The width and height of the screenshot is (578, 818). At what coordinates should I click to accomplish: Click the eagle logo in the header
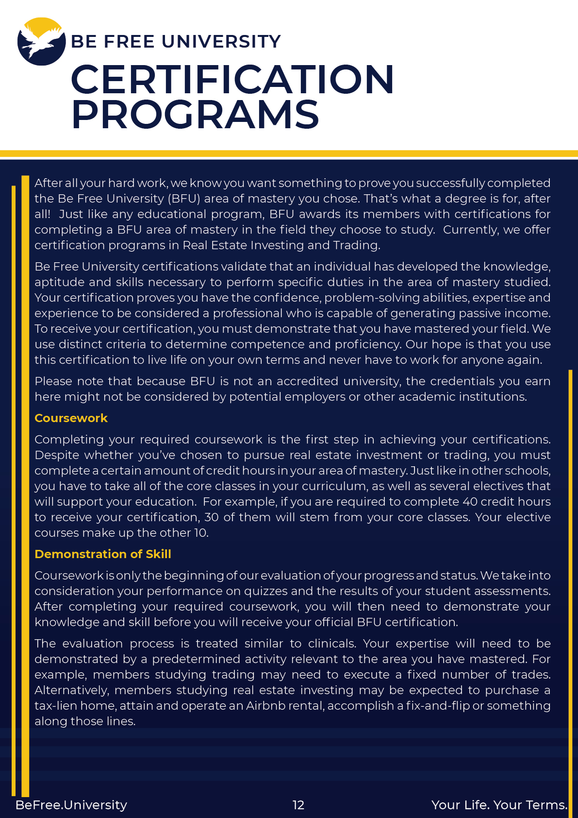pos(41,42)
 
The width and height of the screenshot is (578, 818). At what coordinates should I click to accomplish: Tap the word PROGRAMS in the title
pos(195,115)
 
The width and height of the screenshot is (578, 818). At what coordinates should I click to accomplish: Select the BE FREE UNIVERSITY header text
pos(176,42)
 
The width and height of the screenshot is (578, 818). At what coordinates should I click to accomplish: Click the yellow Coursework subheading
pos(71,418)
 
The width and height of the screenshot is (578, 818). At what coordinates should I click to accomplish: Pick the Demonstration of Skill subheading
pos(103,554)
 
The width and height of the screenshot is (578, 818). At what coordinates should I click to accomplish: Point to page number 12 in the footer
pos(298,805)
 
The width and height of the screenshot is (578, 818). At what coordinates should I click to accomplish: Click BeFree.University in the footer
pos(71,805)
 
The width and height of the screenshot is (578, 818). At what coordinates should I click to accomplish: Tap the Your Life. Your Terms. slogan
pos(499,805)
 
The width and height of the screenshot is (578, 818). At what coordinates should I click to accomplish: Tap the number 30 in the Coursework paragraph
pos(211,517)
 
